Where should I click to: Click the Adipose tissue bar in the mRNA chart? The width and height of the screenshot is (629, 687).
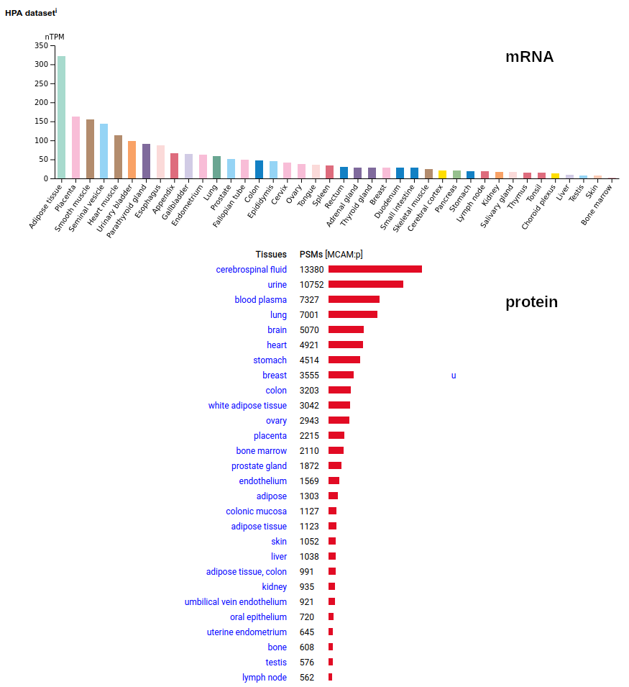(x=62, y=117)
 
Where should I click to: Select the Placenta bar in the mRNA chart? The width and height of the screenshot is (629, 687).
(x=75, y=147)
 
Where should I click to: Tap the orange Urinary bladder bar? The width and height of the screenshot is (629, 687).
(x=132, y=160)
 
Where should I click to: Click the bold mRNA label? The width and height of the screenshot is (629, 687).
(x=529, y=57)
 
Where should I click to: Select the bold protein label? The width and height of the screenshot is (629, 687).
(x=531, y=302)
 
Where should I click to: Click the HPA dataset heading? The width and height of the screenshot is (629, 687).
(x=29, y=13)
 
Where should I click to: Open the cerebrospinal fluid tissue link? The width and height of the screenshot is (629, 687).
(x=251, y=270)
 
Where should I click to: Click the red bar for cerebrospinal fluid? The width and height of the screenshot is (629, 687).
(x=375, y=269)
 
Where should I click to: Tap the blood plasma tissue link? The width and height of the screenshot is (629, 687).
(x=260, y=300)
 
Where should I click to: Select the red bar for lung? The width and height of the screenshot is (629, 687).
(x=352, y=314)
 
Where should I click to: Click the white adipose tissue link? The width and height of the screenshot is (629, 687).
(x=247, y=406)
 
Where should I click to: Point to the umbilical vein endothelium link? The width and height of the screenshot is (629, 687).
(x=235, y=602)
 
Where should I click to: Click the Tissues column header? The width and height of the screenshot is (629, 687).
(x=271, y=255)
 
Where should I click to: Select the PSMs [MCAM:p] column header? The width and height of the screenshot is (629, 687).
(x=331, y=255)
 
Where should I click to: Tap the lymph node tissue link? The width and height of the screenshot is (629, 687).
(x=265, y=678)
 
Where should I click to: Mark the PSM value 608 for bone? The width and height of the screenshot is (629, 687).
(x=307, y=647)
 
